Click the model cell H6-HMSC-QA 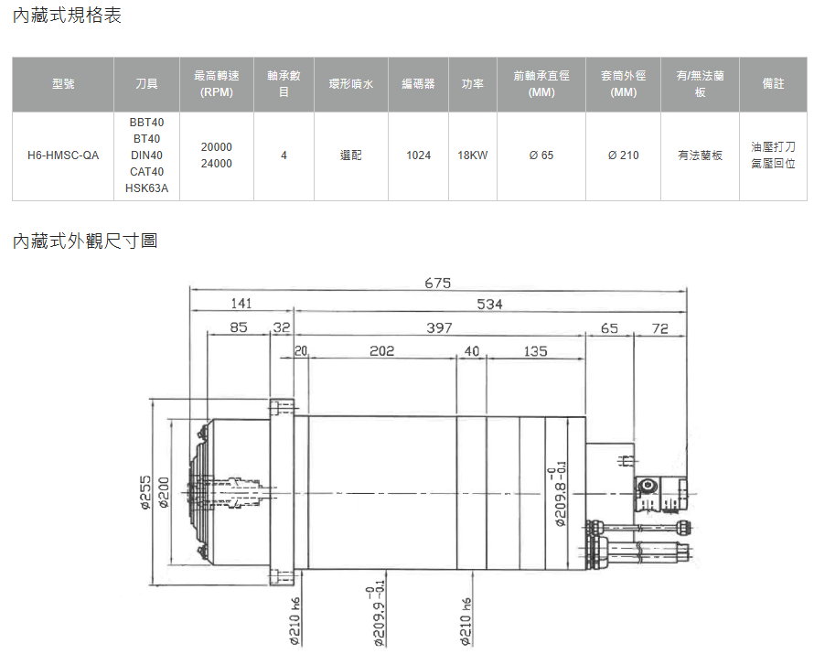coord(63,155)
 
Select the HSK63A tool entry coord(147,188)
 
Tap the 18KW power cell coord(473,155)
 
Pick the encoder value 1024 coord(418,155)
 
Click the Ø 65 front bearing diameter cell coord(541,155)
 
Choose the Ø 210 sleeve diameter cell coord(623,155)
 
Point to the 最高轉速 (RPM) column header coord(217,84)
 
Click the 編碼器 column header coord(418,83)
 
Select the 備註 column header coord(773,83)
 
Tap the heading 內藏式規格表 coord(67,15)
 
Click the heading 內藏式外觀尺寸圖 coord(85,241)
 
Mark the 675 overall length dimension coord(437,284)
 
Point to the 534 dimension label coord(489,305)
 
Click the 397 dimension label coord(439,328)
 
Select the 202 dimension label coord(381,351)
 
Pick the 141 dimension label coord(241,304)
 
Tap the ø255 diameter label coord(145,492)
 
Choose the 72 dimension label coord(659,328)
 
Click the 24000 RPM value coord(217,164)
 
